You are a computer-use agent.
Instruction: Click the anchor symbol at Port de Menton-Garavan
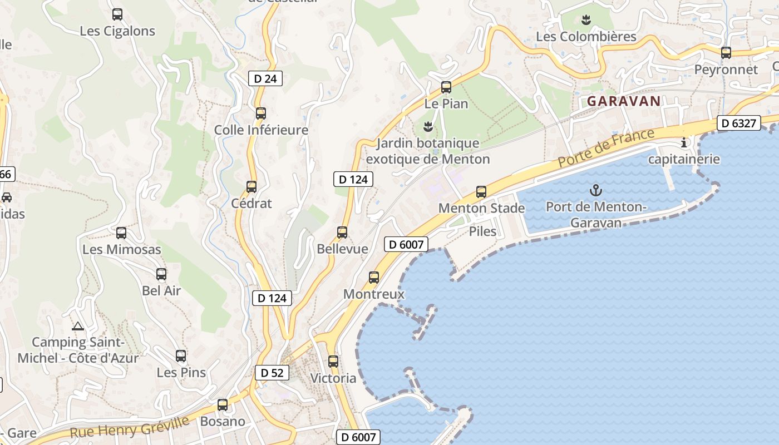[x=596, y=190]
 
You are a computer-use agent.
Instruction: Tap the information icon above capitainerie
[x=684, y=143]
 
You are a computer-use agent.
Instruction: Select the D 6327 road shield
[x=738, y=123]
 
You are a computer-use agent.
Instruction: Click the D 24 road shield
[x=265, y=78]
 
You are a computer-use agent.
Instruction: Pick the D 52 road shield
[x=272, y=373]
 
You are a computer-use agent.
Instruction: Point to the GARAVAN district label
[x=624, y=101]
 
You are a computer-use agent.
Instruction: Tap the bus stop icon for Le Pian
[x=446, y=87]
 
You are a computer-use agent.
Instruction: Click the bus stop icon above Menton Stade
[x=481, y=192]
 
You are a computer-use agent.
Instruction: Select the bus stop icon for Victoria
[x=333, y=361]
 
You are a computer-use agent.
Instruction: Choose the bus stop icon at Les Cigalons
[x=117, y=14]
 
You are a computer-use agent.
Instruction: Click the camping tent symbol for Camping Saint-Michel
[x=78, y=326]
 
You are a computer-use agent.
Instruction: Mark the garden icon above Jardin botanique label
[x=428, y=127]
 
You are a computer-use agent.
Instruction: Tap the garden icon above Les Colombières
[x=585, y=21]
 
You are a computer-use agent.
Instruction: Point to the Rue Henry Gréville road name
[x=130, y=426]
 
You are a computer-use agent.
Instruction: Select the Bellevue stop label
[x=342, y=249]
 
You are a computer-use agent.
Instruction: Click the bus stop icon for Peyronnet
[x=726, y=53]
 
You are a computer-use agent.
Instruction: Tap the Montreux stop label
[x=374, y=294]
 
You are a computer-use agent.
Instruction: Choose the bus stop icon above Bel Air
[x=161, y=274]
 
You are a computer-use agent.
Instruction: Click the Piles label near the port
[x=482, y=231]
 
